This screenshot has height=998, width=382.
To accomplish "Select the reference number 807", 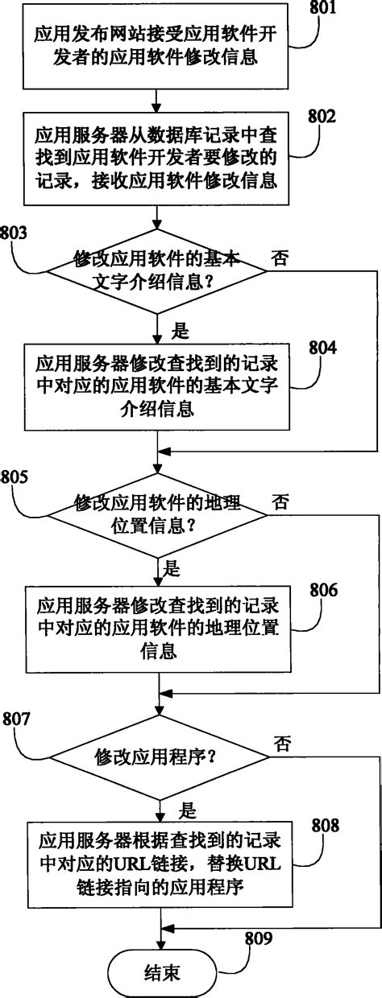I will [x=17, y=719].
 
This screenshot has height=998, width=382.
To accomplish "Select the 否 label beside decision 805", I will [x=280, y=503].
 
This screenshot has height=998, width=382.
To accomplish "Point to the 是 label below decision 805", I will [x=172, y=569].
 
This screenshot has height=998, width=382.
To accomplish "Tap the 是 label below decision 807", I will [x=187, y=806].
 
